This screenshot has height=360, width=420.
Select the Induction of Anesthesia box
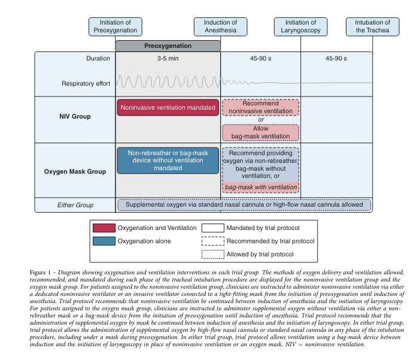click(x=220, y=26)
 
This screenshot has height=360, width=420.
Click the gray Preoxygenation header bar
click(x=168, y=46)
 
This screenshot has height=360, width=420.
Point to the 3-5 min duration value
click(x=168, y=59)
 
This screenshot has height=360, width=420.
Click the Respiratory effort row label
click(x=86, y=83)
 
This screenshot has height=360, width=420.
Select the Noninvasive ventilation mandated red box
click(x=168, y=108)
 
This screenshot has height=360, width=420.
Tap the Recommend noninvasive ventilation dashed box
click(x=260, y=107)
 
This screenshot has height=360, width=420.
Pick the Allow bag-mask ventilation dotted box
click(x=260, y=132)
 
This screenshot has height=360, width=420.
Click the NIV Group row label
click(x=75, y=116)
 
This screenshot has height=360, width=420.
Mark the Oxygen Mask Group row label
click(x=75, y=171)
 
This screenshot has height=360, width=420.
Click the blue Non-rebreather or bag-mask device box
click(x=168, y=160)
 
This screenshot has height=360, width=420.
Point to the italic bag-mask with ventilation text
click(x=260, y=187)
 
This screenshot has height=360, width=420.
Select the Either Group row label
click(x=75, y=205)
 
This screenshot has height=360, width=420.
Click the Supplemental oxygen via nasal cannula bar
click(x=244, y=205)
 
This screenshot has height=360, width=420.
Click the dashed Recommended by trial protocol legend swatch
click(x=212, y=241)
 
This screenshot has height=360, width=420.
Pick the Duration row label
click(x=98, y=59)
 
